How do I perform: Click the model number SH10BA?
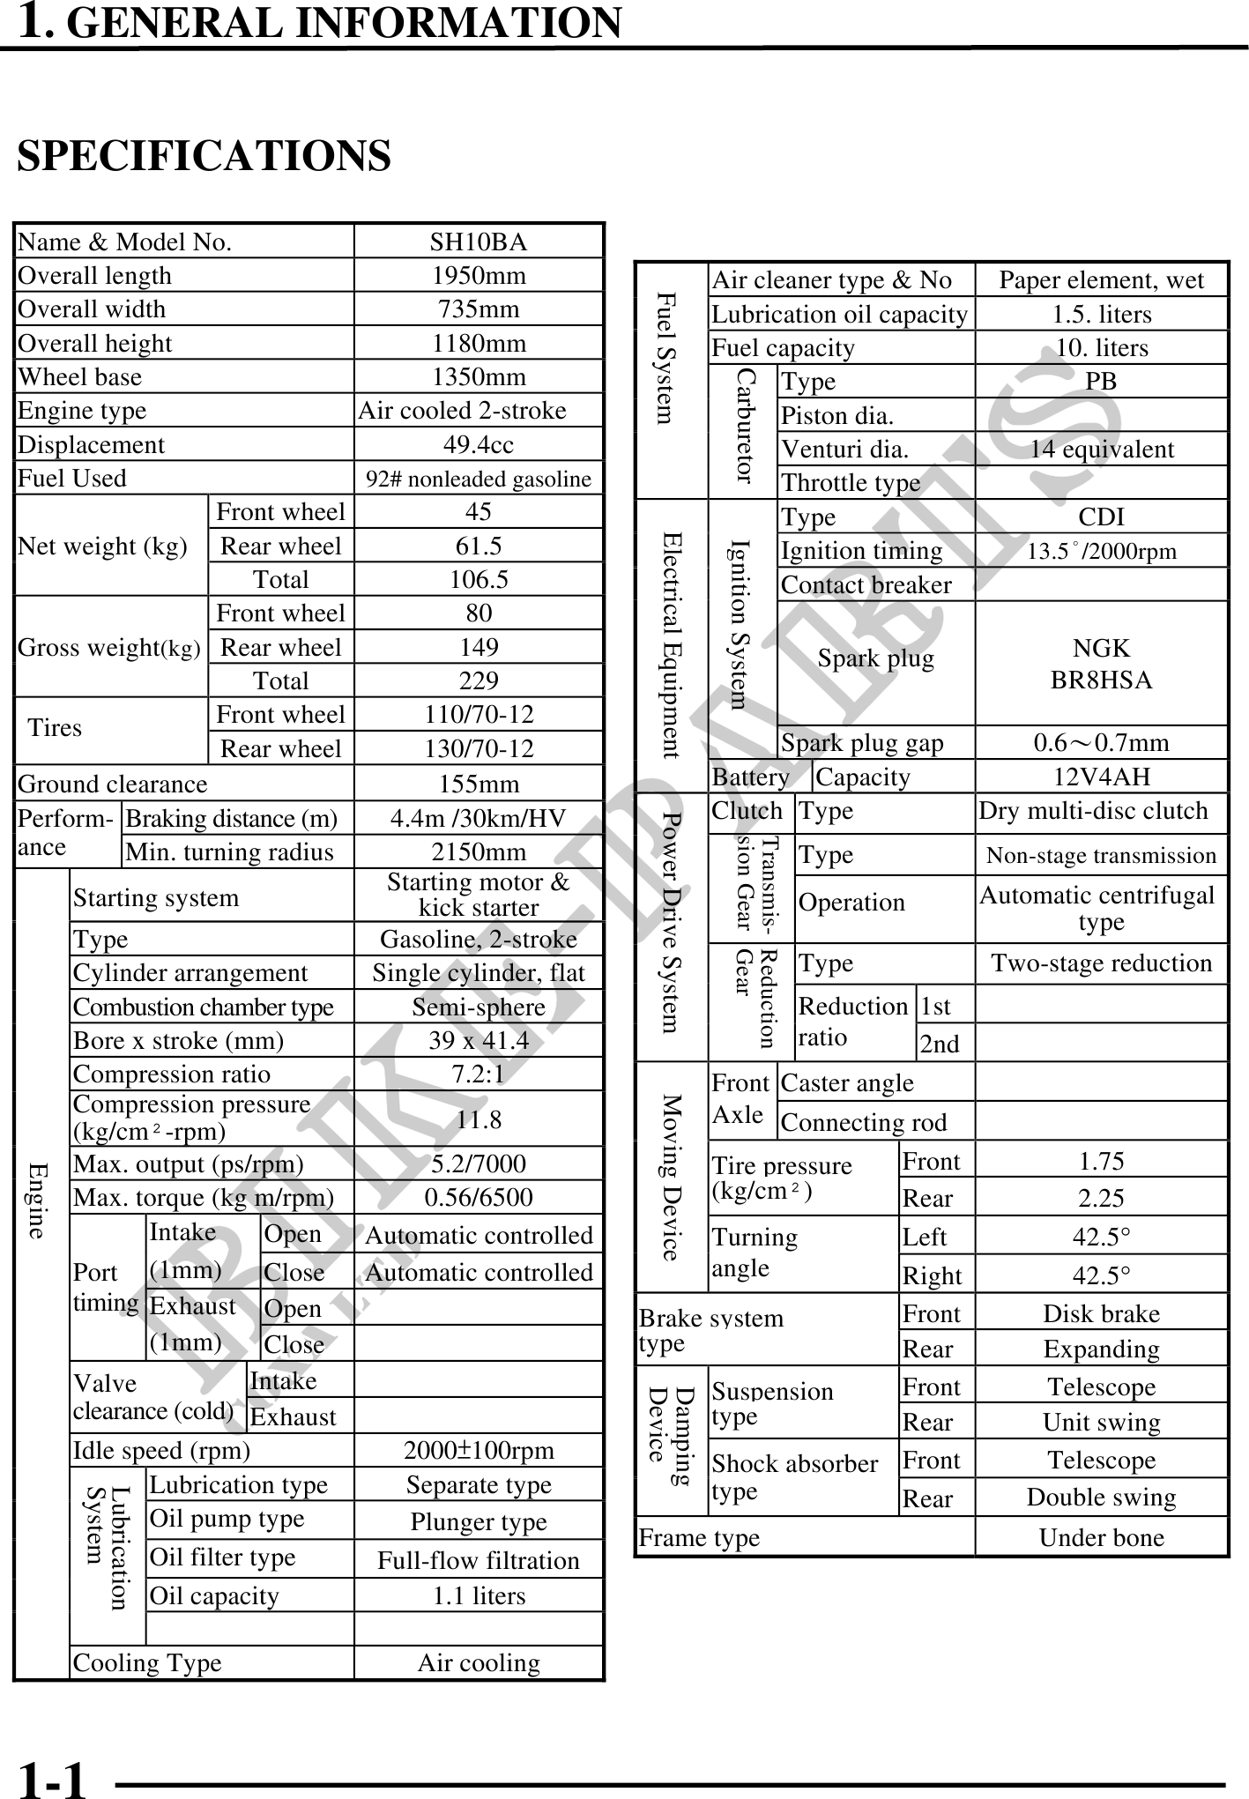click(x=479, y=242)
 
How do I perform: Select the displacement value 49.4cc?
click(x=479, y=444)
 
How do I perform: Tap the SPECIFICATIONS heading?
click(x=204, y=156)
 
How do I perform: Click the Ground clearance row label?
click(x=113, y=784)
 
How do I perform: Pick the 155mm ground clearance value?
click(x=479, y=784)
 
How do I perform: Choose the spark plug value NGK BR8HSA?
click(x=1101, y=664)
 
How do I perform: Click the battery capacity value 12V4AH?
click(x=1101, y=777)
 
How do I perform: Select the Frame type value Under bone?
click(x=1101, y=1537)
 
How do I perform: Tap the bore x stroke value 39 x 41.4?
click(x=479, y=1040)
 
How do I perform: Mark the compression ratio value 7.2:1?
click(x=479, y=1074)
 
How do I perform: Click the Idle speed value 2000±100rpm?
click(x=479, y=1450)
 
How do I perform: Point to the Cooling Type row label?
click(x=147, y=1662)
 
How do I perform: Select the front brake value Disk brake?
click(x=1101, y=1313)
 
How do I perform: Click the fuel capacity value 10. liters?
click(x=1101, y=347)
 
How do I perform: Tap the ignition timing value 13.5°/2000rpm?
click(x=1101, y=552)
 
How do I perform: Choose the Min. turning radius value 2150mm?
click(x=479, y=851)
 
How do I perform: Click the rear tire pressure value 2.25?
click(x=1101, y=1198)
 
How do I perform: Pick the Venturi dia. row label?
click(x=844, y=450)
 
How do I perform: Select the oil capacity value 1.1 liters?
click(x=479, y=1595)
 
